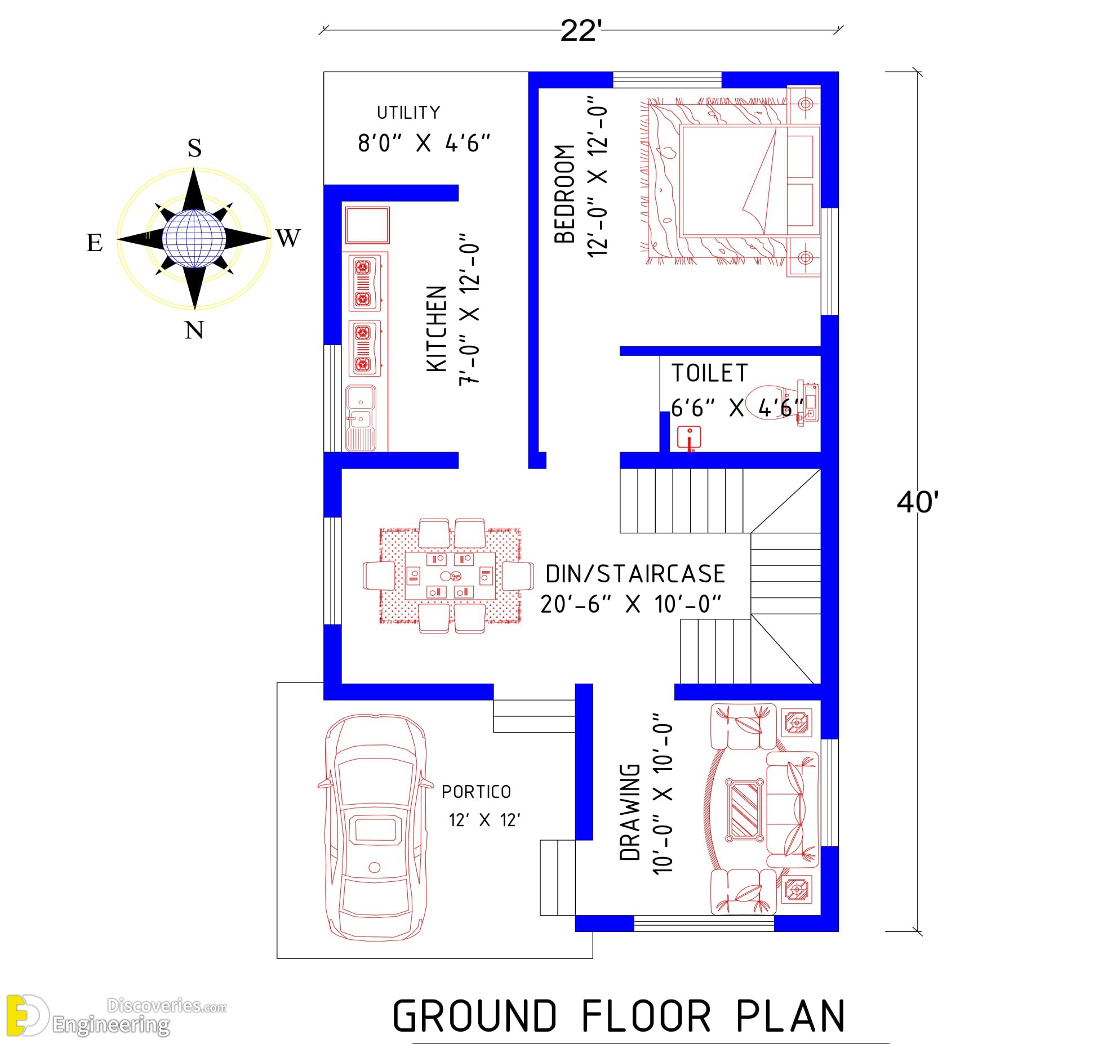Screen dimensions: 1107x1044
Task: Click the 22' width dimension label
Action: (581, 31)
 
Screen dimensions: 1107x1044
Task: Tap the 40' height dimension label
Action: (918, 501)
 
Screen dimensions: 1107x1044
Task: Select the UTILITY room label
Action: (408, 113)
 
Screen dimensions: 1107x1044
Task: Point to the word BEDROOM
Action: (564, 194)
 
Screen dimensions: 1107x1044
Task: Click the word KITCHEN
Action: (437, 328)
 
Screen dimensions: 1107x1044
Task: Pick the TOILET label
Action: (709, 373)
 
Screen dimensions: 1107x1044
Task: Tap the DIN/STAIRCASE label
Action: (635, 574)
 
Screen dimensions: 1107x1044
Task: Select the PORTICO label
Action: (476, 792)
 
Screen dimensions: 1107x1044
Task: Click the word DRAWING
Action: (630, 811)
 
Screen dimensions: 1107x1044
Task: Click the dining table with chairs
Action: (449, 575)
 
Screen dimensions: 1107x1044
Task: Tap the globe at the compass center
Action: (194, 238)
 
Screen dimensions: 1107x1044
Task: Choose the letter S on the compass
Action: (194, 148)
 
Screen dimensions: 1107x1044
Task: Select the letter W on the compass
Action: (288, 238)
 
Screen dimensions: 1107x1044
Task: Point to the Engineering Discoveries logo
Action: (116, 1015)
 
